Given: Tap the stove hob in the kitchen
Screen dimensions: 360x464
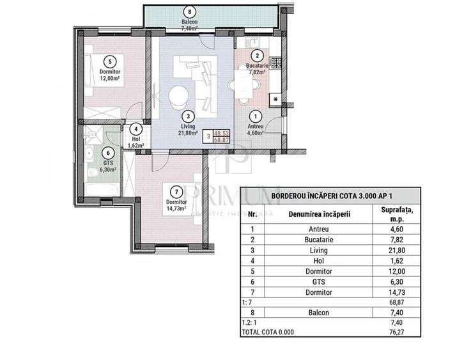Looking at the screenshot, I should [x=275, y=63].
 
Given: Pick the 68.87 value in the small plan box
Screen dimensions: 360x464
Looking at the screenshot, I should [x=221, y=139].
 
